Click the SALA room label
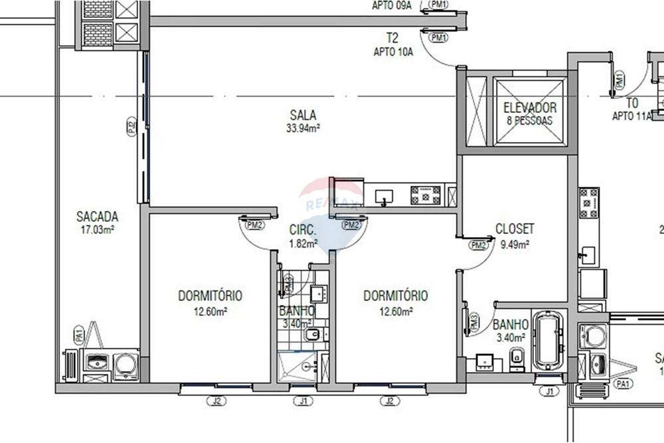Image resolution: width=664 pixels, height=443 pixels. pos(303,115)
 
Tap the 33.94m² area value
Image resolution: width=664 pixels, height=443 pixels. pos(303,128)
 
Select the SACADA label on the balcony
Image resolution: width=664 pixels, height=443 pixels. pos(97,217)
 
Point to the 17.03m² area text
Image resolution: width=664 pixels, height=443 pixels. pos(97,230)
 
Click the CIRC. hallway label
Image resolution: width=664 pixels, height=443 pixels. pos(303,230)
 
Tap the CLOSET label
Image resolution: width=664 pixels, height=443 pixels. pos(515,229)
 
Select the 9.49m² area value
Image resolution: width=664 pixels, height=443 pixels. pos(515,244)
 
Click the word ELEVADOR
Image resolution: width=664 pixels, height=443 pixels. pos(529,108)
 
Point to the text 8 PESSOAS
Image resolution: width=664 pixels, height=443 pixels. pos(529,121)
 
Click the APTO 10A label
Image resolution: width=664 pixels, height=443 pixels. pos(393,52)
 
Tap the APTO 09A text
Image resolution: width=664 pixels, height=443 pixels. pos(391,6)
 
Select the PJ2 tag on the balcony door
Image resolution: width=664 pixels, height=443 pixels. pos(131,127)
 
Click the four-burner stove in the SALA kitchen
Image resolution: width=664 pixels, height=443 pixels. pos(426,195)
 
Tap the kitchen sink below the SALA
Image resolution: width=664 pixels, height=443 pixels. pos(384,197)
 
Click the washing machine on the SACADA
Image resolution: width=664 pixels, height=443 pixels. pos(125,363)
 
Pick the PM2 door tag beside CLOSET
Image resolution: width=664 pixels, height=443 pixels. pos(477,246)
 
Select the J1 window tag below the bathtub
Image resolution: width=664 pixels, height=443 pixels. pos(548,392)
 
